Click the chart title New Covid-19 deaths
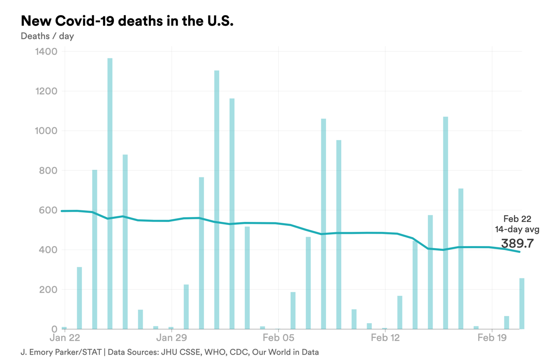tap(127, 20)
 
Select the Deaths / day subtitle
tap(47, 36)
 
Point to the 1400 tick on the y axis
tap(45, 52)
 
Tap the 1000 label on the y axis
tap(45, 131)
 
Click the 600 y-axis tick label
tap(48, 210)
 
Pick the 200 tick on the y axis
tap(48, 290)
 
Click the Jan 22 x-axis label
tap(65, 337)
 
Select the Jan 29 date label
tap(171, 337)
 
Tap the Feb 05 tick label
tap(278, 337)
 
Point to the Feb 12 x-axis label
tap(385, 337)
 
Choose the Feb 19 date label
tap(492, 337)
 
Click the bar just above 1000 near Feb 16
tap(446, 223)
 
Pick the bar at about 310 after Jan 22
tap(79, 298)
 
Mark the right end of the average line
tap(519, 252)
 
